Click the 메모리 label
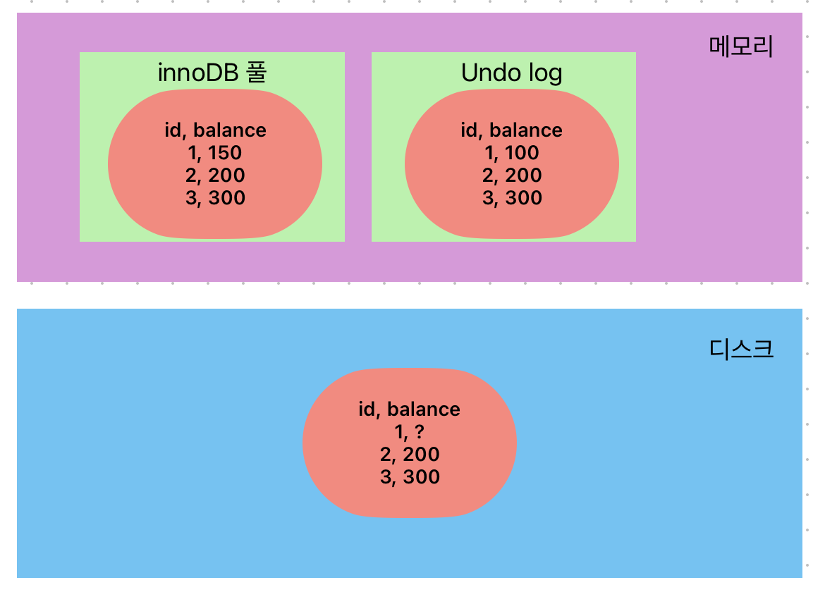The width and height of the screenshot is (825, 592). tap(741, 48)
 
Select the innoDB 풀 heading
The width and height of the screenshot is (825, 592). tap(212, 73)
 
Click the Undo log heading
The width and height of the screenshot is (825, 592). tap(512, 73)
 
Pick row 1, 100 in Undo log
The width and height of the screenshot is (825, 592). tap(512, 153)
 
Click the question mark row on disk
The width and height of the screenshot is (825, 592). tap(410, 432)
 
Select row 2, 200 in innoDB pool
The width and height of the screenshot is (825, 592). tap(216, 175)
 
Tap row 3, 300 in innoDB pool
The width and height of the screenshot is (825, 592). tap(216, 198)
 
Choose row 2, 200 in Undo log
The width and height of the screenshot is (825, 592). tap(513, 175)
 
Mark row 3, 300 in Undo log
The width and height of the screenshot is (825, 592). tap(513, 198)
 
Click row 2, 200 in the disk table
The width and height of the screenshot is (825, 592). tap(410, 455)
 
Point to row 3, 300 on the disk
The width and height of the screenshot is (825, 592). tap(410, 477)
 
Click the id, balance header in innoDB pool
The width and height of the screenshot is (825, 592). tap(216, 130)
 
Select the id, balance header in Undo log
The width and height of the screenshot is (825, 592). tap(512, 130)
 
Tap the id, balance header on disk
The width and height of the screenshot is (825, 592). tap(410, 409)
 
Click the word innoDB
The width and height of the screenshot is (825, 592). tap(198, 73)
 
